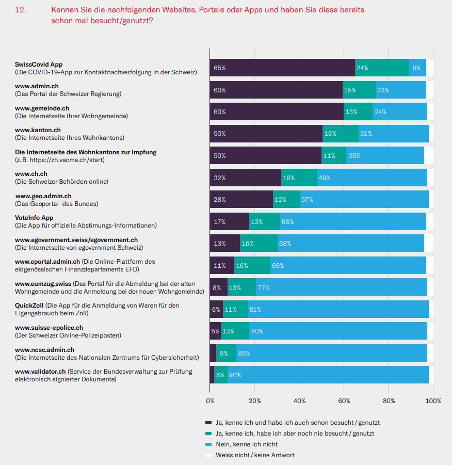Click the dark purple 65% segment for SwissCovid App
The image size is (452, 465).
282,68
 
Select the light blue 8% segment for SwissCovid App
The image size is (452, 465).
417,68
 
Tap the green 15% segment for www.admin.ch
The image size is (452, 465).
359,90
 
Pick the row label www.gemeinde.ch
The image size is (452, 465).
42,108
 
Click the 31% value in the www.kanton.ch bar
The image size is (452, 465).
365,134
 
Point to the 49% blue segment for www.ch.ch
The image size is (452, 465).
372,178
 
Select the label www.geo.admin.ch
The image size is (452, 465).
43,196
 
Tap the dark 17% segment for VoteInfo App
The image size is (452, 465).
229,221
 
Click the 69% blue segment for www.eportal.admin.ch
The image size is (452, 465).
348,265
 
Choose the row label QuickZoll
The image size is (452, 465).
29,306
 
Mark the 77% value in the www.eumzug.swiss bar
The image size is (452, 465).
263,287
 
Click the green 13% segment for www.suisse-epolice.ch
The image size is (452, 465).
235,331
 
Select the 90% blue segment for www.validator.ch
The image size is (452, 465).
328,375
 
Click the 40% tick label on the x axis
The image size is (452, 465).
299,400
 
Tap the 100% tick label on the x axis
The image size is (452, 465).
433,400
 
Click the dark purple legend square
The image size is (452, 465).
208,422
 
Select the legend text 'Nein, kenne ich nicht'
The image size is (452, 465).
247,444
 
